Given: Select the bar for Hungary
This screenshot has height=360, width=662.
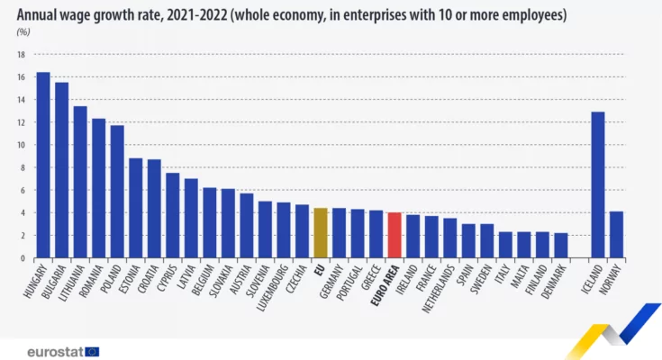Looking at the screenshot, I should click(x=42, y=166).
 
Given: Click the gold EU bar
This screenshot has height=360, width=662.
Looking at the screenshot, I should click(x=320, y=233).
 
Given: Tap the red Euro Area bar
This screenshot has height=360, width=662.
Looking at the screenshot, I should click(x=394, y=235).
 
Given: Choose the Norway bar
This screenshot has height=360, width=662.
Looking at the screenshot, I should click(x=616, y=235).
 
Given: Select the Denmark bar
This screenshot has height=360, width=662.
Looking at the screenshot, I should click(x=560, y=246).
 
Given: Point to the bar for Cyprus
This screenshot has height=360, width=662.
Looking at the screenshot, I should click(x=172, y=215).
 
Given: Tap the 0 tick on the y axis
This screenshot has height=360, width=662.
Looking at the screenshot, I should click(x=21, y=258).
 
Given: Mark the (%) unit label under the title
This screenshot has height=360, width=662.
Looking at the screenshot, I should click(x=23, y=32).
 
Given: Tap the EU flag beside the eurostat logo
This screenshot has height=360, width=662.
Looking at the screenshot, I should click(x=92, y=352).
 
